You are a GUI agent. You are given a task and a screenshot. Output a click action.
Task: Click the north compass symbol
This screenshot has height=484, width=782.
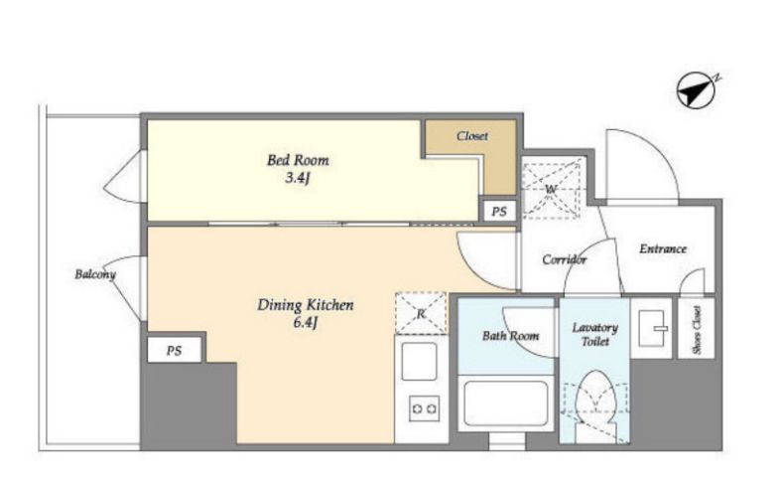[697, 90]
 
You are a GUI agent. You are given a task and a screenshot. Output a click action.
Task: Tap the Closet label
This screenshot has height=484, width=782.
[471, 136]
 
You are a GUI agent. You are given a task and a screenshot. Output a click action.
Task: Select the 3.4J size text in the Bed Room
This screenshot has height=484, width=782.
[298, 177]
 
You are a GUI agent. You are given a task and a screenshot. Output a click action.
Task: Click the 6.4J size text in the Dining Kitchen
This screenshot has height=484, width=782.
[305, 323]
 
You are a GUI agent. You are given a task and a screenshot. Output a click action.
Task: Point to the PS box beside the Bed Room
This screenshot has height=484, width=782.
[499, 212]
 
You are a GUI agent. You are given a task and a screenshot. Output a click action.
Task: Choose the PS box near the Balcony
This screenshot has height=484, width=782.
[174, 350]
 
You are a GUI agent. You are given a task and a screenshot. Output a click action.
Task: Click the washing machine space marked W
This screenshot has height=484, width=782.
[551, 188]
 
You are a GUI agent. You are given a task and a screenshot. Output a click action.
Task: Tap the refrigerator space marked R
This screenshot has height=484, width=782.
[422, 313]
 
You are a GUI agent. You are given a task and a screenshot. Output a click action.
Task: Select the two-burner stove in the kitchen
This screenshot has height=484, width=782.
[425, 408]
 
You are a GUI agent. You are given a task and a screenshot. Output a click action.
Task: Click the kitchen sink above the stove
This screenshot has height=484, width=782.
[420, 361]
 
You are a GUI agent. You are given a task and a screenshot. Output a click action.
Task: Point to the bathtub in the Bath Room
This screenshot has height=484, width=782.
[506, 403]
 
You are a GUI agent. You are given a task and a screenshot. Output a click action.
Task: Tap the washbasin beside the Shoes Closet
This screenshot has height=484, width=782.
[652, 328]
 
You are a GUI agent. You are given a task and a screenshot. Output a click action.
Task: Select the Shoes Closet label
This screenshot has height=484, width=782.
[697, 330]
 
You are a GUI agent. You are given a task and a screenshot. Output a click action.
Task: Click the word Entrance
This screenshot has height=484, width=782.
[663, 248]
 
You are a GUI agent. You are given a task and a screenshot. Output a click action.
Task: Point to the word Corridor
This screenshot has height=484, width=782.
[564, 259]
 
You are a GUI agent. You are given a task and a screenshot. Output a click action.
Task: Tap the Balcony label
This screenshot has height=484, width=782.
[95, 274]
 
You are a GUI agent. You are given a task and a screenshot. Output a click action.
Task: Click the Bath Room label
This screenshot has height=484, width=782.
[510, 336]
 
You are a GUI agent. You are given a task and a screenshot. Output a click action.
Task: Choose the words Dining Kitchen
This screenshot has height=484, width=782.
[306, 305]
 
